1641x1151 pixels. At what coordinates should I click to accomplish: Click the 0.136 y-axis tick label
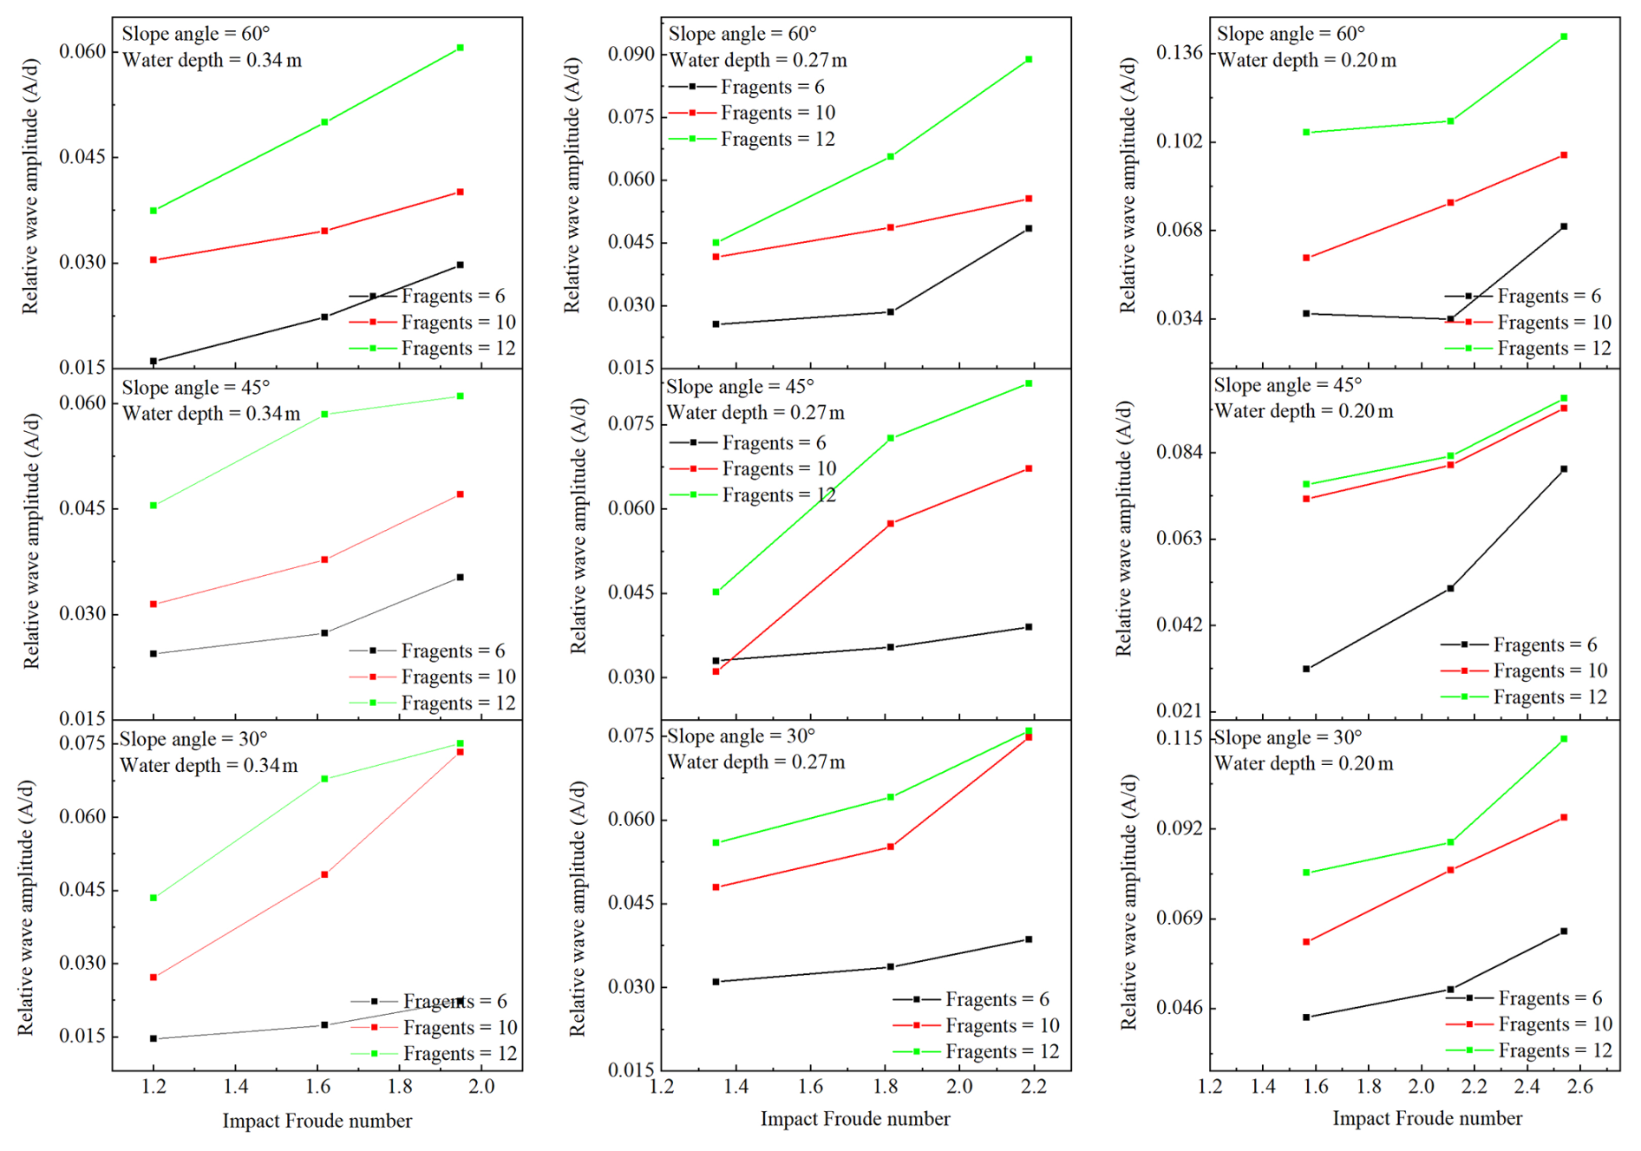[x=1180, y=53]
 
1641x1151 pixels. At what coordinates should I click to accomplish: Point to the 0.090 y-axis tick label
[x=631, y=54]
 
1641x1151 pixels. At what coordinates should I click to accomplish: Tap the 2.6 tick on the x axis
[x=1580, y=1087]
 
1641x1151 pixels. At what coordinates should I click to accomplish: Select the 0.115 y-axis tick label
[x=1180, y=738]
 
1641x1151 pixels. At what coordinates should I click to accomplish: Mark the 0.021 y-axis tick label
[x=1180, y=711]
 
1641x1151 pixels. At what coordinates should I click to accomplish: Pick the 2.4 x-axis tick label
[x=1527, y=1087]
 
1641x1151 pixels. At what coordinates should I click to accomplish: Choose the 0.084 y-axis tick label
[x=1180, y=453]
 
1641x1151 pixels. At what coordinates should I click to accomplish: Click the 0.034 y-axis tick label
[x=1180, y=319]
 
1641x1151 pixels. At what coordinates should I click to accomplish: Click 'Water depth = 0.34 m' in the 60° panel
[x=212, y=61]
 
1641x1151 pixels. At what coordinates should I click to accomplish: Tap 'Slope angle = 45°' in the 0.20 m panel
[x=1288, y=385]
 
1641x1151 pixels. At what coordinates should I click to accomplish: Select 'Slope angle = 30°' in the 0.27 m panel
[x=742, y=736]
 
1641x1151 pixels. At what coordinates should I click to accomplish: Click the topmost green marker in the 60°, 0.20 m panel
[x=1564, y=37]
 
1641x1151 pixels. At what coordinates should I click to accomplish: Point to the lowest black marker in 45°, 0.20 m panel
[x=1306, y=669]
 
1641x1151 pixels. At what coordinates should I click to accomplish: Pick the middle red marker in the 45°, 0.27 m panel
[x=891, y=524]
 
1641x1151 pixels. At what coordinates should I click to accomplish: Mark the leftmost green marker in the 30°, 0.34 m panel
[x=154, y=898]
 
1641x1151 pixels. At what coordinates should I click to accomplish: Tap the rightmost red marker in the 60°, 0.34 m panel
[x=460, y=193]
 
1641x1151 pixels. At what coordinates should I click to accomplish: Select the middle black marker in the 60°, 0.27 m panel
[x=891, y=312]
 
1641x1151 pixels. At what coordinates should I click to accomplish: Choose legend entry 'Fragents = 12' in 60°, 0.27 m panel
[x=777, y=140]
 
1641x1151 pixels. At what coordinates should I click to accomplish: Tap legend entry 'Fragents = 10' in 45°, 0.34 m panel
[x=458, y=677]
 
